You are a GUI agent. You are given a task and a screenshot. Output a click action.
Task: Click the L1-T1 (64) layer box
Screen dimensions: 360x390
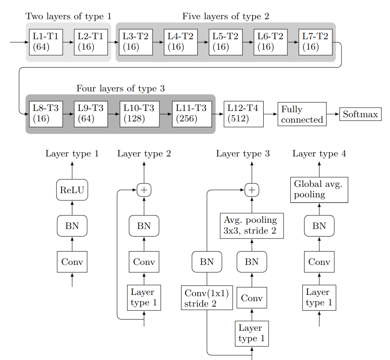pyautogui.click(x=46, y=42)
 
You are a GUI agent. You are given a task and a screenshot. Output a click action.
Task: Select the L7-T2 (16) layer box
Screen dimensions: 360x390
pyautogui.click(x=315, y=42)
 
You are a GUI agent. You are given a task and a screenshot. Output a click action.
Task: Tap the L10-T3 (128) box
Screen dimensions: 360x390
pyautogui.click(x=139, y=113)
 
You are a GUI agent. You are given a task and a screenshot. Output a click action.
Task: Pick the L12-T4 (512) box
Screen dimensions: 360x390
pyautogui.click(x=244, y=113)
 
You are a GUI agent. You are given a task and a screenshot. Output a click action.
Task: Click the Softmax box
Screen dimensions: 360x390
pyautogui.click(x=360, y=114)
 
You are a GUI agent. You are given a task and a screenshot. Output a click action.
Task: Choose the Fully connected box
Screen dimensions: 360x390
pyautogui.click(x=302, y=114)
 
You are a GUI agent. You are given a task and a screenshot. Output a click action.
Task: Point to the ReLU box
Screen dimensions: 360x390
pyautogui.click(x=72, y=190)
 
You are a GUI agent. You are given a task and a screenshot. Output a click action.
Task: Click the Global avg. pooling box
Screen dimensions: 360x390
pyautogui.click(x=319, y=190)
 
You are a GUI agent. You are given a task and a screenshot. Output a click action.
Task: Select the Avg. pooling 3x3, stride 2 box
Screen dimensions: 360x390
pyautogui.click(x=252, y=226)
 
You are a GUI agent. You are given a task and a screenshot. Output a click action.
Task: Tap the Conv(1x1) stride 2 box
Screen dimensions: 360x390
pyautogui.click(x=207, y=298)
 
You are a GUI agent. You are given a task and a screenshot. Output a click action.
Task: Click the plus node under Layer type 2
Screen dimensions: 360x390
pyautogui.click(x=144, y=190)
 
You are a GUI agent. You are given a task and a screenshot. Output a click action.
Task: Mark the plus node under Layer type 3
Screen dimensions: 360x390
pyautogui.click(x=252, y=190)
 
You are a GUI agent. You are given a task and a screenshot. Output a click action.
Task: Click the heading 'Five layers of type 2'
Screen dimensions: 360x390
pyautogui.click(x=226, y=17)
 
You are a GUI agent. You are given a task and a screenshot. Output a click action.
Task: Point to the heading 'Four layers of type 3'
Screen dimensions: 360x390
pyautogui.click(x=121, y=88)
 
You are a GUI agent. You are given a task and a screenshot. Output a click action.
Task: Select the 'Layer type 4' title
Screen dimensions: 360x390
pyautogui.click(x=319, y=154)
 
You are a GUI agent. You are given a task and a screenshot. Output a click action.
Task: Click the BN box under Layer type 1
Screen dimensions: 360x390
pyautogui.click(x=72, y=226)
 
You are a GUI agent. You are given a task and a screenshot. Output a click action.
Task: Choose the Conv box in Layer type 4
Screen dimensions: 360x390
pyautogui.click(x=319, y=262)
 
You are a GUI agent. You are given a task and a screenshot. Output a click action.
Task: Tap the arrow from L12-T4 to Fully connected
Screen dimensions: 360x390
pyautogui.click(x=271, y=113)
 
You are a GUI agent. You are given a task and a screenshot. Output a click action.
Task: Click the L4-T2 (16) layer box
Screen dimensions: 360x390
pyautogui.click(x=181, y=42)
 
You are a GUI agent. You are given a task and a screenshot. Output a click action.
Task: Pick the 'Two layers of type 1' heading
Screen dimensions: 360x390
pyautogui.click(x=69, y=17)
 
